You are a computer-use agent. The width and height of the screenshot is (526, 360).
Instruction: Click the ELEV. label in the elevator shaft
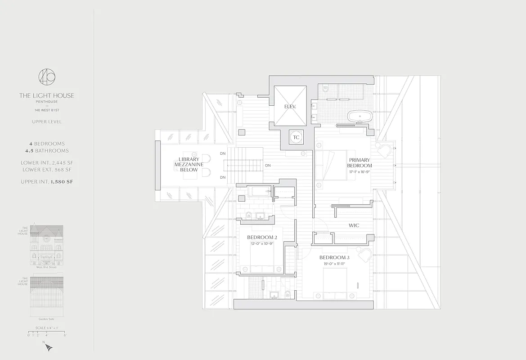click(289, 107)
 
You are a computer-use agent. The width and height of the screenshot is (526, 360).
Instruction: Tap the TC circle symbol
click(296, 138)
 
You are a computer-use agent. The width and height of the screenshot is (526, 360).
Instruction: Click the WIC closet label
click(354, 225)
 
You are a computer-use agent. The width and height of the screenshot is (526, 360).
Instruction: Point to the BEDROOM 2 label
click(261, 237)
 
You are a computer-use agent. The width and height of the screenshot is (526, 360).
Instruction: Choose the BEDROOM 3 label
click(334, 257)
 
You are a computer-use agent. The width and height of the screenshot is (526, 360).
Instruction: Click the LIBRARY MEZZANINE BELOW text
click(189, 165)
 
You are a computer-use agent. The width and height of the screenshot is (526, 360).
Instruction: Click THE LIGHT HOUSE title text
click(47, 95)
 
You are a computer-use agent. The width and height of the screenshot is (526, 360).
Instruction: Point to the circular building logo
click(47, 76)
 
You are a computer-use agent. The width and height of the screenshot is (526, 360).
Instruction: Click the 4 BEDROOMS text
click(47, 144)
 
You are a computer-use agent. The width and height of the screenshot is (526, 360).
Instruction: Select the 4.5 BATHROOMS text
click(47, 151)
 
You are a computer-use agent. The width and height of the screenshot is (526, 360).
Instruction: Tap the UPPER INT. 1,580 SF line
click(47, 182)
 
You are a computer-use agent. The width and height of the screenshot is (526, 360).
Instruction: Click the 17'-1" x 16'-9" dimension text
click(360, 171)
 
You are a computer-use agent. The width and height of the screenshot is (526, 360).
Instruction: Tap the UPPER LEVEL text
click(47, 121)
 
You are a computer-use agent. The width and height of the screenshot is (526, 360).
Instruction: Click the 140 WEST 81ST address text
click(47, 110)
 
